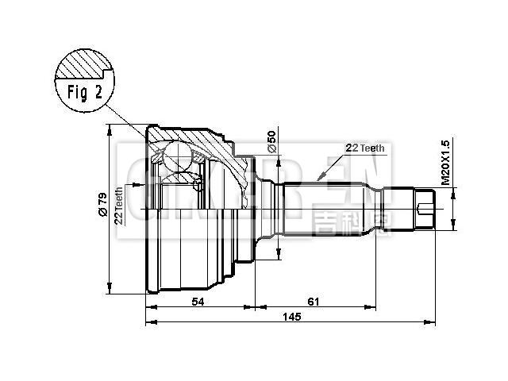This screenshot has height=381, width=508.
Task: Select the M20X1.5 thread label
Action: (445, 163)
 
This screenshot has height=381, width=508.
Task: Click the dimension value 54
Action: (198, 302)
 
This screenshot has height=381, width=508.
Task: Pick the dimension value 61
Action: (314, 302)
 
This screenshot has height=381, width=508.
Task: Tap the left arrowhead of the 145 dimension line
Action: (150, 323)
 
